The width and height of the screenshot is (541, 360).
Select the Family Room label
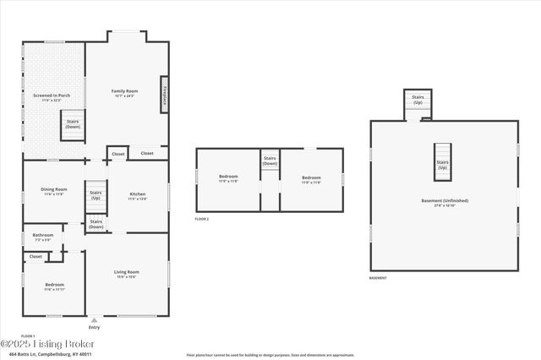click(x=125, y=92)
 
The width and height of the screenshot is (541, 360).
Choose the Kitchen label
click(x=137, y=196)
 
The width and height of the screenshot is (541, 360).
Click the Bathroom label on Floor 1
click(x=42, y=237)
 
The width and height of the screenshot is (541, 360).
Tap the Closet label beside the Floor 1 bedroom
click(x=36, y=256)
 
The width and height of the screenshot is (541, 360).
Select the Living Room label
click(x=127, y=274)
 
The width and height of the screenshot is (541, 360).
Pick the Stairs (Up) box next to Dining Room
click(x=96, y=196)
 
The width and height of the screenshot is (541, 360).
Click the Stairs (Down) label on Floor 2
click(x=270, y=161)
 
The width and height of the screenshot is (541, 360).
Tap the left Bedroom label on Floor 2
click(x=228, y=178)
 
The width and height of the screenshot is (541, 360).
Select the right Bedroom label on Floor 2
click(x=311, y=179)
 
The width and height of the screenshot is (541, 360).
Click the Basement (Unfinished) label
click(x=445, y=202)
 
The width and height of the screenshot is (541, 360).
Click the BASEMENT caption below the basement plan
click(x=379, y=278)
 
